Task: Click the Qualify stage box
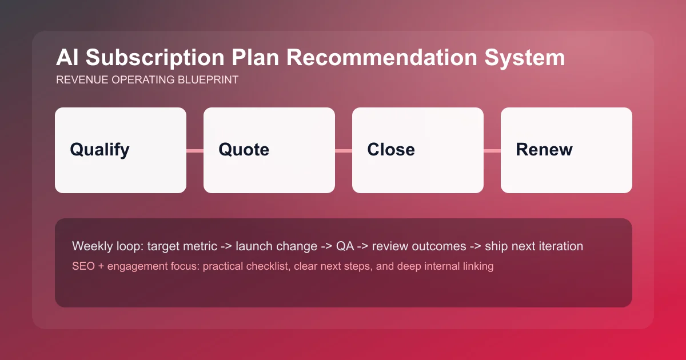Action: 121,150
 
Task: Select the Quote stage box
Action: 269,150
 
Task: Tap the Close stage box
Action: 418,150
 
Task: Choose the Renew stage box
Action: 567,150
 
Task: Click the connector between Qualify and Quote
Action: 195,151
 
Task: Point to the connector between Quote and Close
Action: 344,151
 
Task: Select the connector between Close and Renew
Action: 492,151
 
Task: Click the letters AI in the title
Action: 66,59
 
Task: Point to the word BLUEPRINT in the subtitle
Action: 210,81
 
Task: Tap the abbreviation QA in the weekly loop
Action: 344,247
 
